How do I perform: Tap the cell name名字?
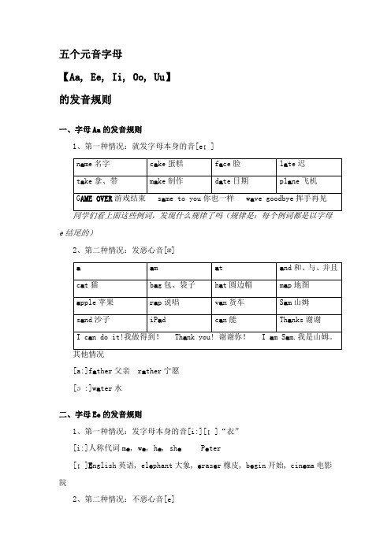(x=91, y=164)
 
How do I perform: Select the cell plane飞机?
(x=300, y=180)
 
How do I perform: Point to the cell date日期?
(x=233, y=180)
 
